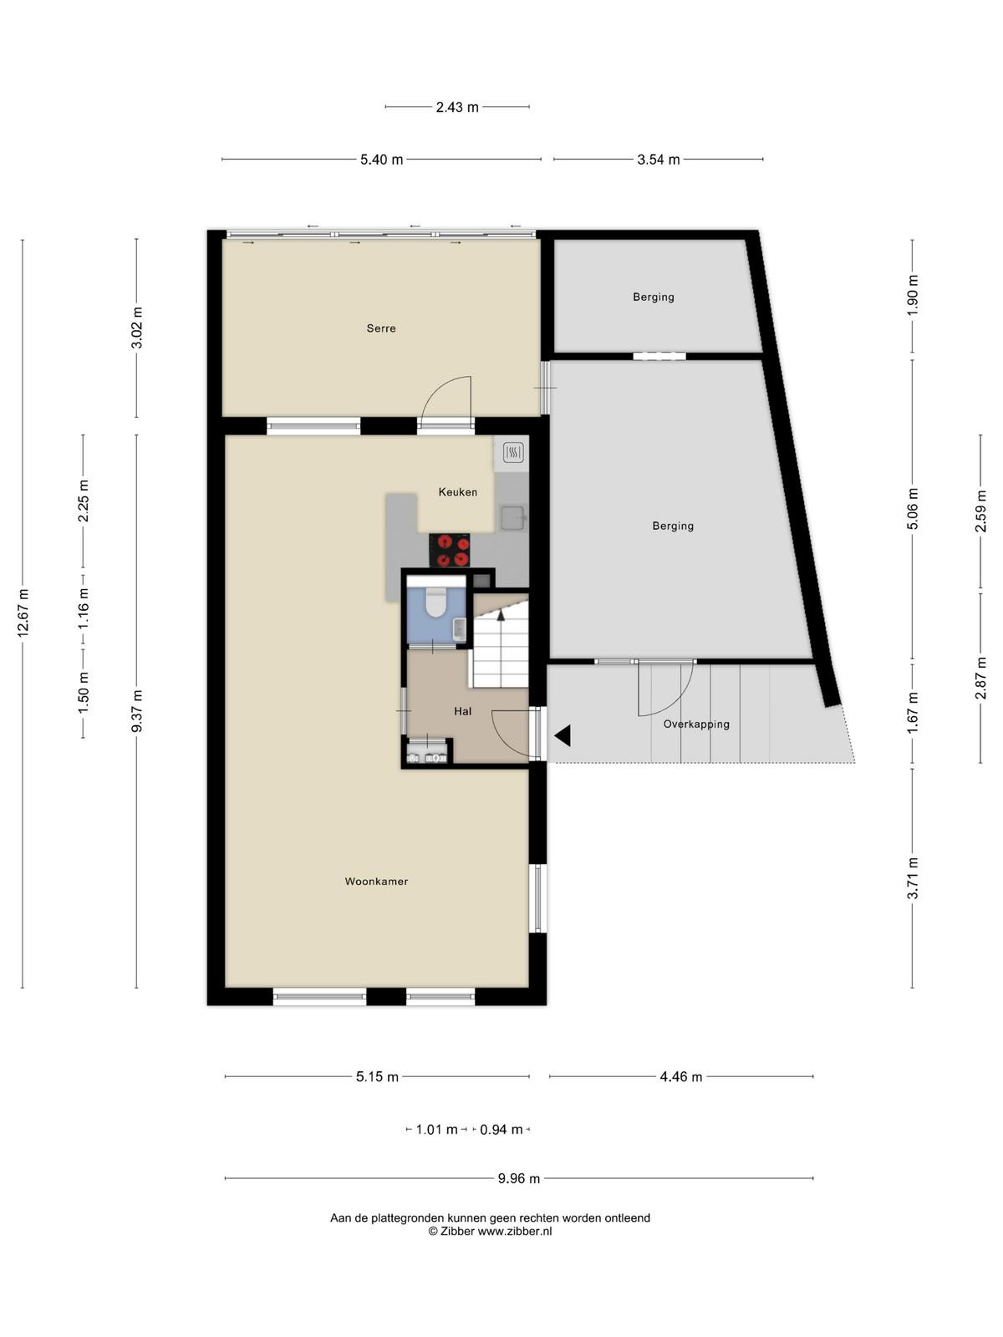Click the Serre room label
coord(380,328)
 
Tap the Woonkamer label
coord(376,882)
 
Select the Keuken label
coord(457,492)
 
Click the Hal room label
coord(463,711)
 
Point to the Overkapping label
coord(696,724)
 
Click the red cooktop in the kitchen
coord(450,550)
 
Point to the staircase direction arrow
coord(501,616)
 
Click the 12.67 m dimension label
coord(23,613)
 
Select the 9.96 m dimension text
coord(519,1178)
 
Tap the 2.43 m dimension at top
coord(457,107)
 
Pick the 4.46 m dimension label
coord(681,1077)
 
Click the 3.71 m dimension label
coord(912,877)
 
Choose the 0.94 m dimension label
coord(501,1130)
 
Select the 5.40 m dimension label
coord(382,160)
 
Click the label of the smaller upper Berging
coord(654,297)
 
